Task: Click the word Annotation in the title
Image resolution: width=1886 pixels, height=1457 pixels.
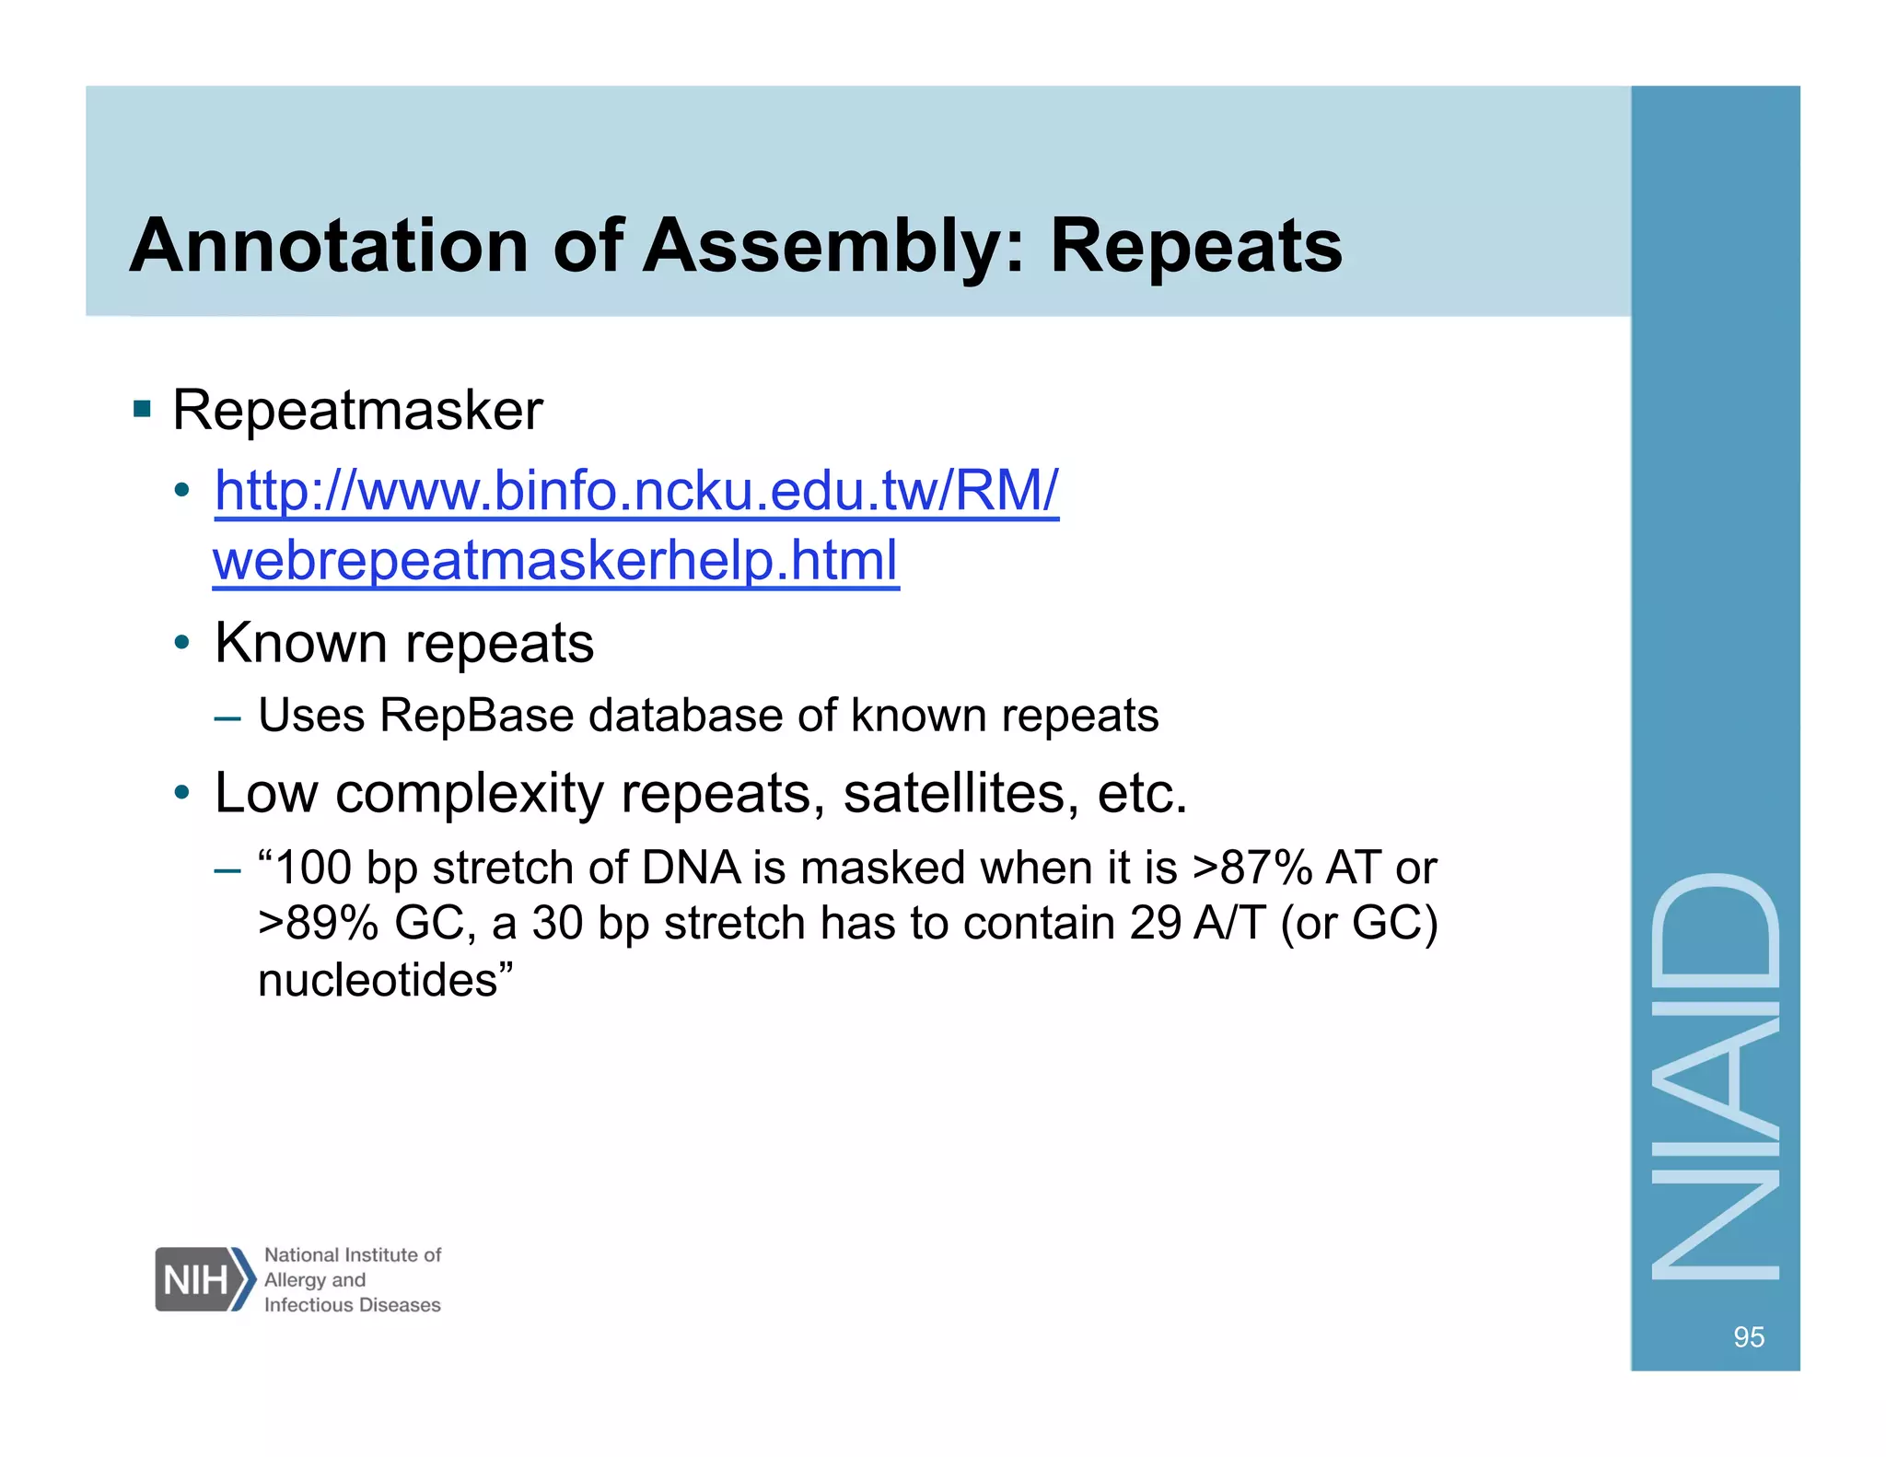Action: pos(329,247)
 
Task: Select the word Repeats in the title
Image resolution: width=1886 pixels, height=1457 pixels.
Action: pos(1195,247)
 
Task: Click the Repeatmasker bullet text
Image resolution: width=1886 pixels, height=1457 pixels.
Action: pos(357,411)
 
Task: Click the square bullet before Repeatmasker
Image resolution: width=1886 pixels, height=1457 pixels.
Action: pos(142,408)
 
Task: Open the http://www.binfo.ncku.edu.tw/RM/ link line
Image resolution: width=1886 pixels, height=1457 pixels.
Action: pos(636,491)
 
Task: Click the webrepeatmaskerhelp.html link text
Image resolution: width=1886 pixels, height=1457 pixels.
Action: pos(555,561)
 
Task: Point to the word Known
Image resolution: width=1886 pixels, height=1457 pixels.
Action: pos(300,643)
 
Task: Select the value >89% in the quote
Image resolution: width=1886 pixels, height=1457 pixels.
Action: pos(319,924)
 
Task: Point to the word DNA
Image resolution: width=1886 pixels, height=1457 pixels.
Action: pos(692,868)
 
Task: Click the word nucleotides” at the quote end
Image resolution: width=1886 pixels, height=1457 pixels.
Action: pos(385,980)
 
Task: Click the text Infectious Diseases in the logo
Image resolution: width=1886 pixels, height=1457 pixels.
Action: pos(352,1305)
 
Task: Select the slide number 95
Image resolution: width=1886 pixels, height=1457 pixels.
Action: pos(1748,1336)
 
